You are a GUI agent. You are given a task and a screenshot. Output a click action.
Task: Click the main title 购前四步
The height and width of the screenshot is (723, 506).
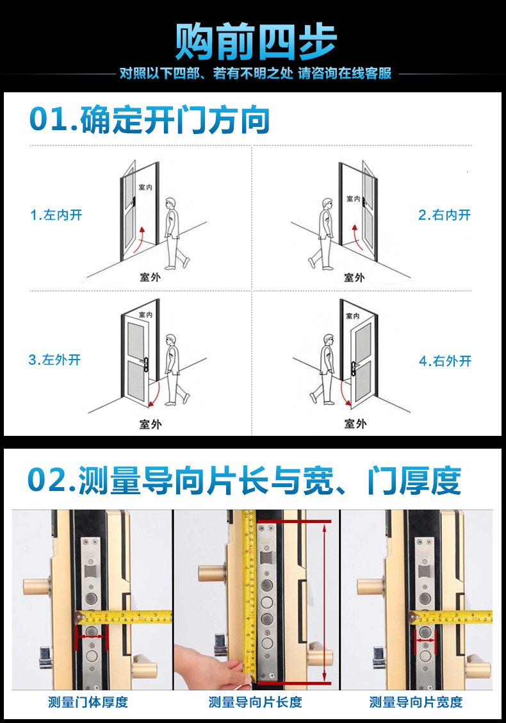point(256,42)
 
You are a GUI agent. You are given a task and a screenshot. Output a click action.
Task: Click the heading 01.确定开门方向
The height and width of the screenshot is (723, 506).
point(149,120)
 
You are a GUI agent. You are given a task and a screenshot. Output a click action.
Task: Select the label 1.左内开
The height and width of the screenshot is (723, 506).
point(56,215)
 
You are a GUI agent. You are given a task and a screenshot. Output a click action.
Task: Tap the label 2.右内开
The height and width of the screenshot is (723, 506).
point(445,215)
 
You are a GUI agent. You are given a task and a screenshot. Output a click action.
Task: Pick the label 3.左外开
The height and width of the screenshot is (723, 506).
point(54,360)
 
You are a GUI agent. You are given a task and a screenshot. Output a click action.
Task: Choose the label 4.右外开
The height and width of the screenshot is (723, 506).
point(445,361)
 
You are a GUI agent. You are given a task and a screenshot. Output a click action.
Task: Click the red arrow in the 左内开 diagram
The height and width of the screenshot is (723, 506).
point(139,239)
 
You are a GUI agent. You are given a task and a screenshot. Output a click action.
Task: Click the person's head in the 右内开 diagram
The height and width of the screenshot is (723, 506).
point(327,203)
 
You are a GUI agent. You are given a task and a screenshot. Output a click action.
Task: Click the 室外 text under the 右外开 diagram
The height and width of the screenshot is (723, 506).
point(355,423)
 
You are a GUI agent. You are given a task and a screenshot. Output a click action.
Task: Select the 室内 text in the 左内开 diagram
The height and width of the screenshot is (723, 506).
point(145,187)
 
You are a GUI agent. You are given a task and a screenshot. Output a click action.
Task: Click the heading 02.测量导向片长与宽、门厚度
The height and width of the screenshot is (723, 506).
point(244,481)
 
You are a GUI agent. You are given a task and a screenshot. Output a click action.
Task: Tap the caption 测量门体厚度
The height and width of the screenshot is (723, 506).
point(88,702)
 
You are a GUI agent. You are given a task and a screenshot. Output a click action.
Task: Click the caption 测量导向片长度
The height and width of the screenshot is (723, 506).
point(256,702)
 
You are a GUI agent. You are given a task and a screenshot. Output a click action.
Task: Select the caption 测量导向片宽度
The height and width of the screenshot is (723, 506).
point(416,702)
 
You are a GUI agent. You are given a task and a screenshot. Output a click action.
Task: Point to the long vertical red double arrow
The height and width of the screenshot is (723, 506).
point(325,602)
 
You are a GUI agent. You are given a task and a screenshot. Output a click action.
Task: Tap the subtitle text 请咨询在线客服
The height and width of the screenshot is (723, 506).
point(345,73)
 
